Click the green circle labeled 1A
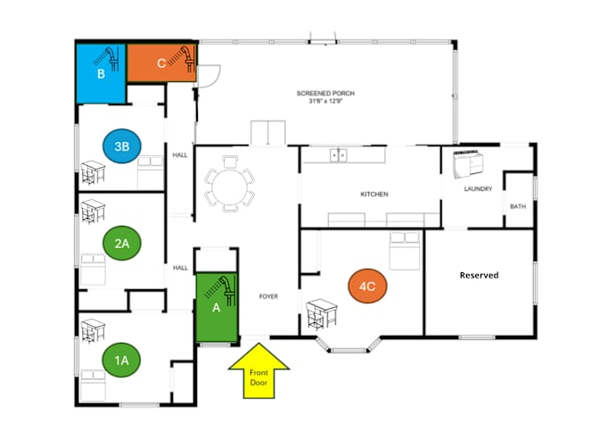pyautogui.click(x=121, y=360)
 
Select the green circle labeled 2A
pyautogui.click(x=122, y=243)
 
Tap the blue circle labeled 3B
pyautogui.click(x=122, y=146)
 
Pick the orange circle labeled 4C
pyautogui.click(x=367, y=286)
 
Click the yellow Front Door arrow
pyautogui.click(x=258, y=370)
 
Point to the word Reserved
pyautogui.click(x=479, y=275)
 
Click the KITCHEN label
pyautogui.click(x=374, y=195)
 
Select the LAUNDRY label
pyautogui.click(x=478, y=188)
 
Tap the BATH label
pyautogui.click(x=518, y=206)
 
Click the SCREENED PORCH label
pyautogui.click(x=325, y=93)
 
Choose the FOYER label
pyautogui.click(x=268, y=296)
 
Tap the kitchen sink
pyautogui.click(x=339, y=155)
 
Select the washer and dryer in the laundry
pyautogui.click(x=468, y=164)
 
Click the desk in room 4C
pyautogui.click(x=322, y=314)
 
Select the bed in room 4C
pyautogui.click(x=405, y=251)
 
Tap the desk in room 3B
pyautogui.click(x=94, y=172)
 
